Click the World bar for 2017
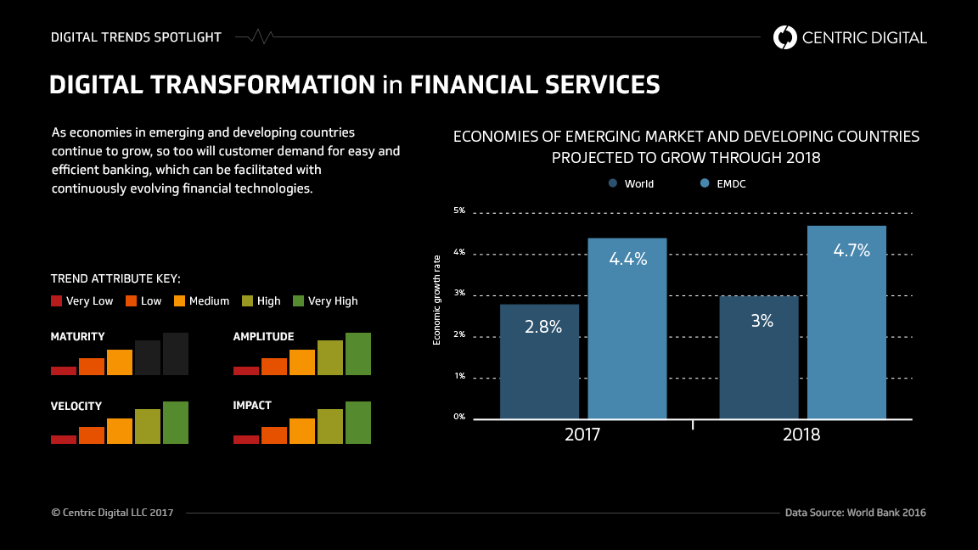(539, 361)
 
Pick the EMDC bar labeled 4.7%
(846, 322)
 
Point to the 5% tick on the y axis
(458, 210)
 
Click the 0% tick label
(458, 416)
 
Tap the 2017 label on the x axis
(582, 435)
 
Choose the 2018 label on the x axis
(801, 435)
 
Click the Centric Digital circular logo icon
(785, 37)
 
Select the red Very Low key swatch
(57, 300)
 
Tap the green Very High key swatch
(298, 300)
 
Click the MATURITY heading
(78, 336)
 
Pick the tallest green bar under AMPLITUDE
(357, 354)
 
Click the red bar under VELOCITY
(64, 439)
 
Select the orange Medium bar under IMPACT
(301, 430)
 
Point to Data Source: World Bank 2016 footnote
(855, 513)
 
